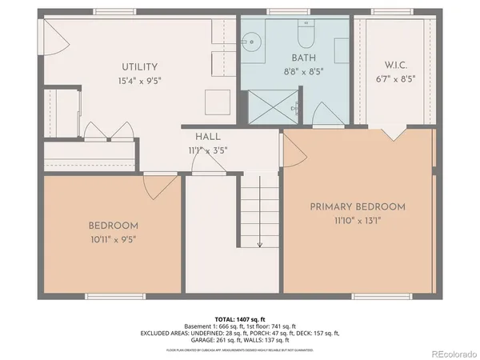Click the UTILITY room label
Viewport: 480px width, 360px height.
coord(140,66)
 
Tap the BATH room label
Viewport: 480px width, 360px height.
coord(304,58)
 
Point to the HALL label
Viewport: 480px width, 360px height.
coord(202,137)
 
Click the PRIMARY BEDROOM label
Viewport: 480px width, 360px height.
coord(358,206)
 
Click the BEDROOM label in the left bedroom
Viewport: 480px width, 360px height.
coord(113,226)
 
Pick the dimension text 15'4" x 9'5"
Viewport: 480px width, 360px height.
coord(140,80)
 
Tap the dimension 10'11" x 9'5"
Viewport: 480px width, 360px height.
coord(113,238)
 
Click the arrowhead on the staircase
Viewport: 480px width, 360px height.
coord(259,243)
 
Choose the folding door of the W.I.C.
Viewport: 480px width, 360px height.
coord(392,133)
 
